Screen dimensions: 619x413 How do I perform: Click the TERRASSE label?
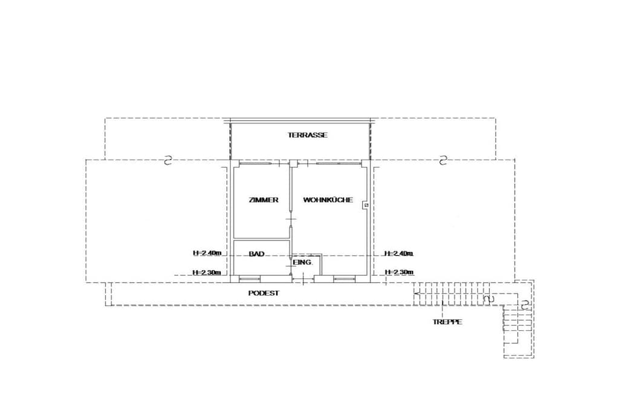[308, 135]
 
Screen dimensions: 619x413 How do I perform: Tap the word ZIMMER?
[264, 200]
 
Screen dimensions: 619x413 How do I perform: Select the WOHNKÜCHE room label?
[328, 200]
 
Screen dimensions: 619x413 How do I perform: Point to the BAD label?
[256, 254]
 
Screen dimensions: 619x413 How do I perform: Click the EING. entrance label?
[303, 262]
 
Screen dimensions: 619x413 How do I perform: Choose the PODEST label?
[264, 293]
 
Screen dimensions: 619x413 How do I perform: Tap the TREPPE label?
[447, 322]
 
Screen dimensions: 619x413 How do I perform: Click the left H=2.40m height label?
[207, 253]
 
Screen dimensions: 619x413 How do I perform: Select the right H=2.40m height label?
[399, 253]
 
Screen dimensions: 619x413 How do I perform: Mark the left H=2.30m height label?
[207, 272]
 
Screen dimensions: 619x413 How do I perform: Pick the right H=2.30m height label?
[399, 272]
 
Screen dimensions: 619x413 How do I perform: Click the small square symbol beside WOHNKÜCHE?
[366, 206]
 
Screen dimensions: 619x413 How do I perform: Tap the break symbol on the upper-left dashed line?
[168, 160]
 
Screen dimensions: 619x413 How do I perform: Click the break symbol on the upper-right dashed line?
[443, 160]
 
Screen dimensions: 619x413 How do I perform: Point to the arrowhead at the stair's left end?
[416, 293]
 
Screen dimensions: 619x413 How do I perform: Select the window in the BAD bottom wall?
[250, 279]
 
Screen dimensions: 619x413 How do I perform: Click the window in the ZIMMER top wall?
[256, 163]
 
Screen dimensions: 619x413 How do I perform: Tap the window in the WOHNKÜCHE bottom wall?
[344, 279]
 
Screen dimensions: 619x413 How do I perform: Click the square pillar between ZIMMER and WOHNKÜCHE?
[293, 163]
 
